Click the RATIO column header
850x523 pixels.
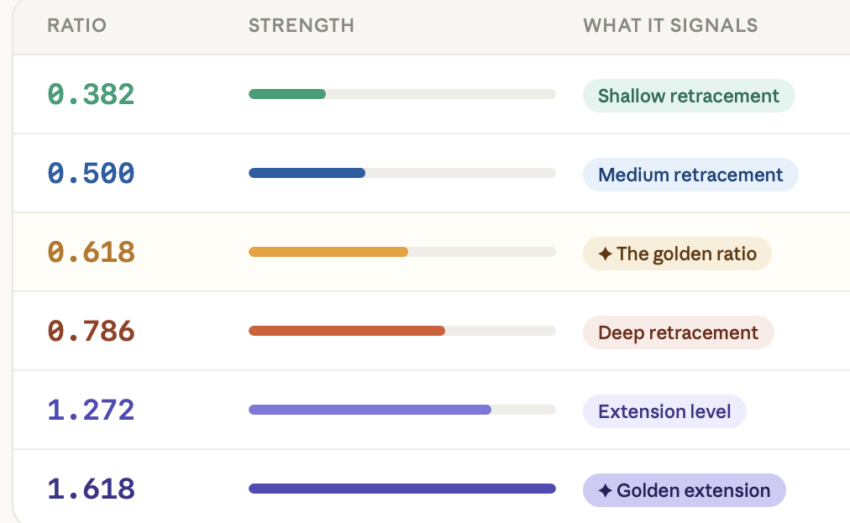(x=77, y=25)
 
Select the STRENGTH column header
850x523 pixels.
(x=302, y=25)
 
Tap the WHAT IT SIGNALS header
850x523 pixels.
(x=670, y=25)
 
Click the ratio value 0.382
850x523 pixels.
(x=91, y=94)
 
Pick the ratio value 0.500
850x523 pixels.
(x=91, y=174)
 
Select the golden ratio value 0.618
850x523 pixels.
(x=91, y=252)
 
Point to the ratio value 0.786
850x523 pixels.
(x=91, y=331)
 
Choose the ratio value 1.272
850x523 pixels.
(x=91, y=410)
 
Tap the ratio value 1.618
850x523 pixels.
(x=91, y=489)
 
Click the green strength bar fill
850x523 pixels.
(x=287, y=94)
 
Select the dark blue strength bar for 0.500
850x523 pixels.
(x=307, y=174)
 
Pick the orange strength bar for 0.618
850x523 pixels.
(x=328, y=252)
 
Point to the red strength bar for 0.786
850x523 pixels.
(x=347, y=331)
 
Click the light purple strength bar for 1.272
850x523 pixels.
(x=370, y=410)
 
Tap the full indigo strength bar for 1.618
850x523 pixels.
(x=402, y=489)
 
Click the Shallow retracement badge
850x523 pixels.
(x=689, y=96)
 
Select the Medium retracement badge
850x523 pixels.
(x=690, y=175)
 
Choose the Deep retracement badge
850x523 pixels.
(x=678, y=332)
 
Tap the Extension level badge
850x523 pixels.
(x=664, y=411)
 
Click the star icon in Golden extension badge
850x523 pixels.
(x=605, y=490)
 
